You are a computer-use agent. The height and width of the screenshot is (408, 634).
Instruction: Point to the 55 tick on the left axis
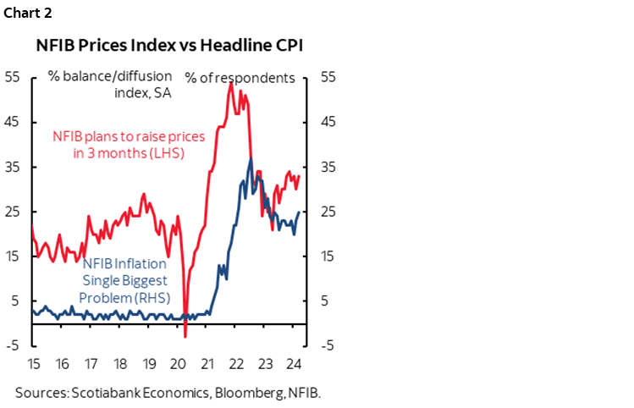coord(12,76)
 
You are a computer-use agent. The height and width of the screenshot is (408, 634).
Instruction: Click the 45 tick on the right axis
coord(328,121)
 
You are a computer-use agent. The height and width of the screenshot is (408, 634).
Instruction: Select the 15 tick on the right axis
coord(328,256)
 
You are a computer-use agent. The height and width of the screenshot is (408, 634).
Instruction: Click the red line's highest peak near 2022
coord(231,83)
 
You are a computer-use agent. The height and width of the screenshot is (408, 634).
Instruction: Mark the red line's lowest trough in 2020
coord(185,337)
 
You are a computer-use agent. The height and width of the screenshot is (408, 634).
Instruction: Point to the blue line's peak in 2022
coord(250,159)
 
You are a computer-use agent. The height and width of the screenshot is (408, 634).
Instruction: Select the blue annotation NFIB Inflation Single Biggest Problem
coord(125,281)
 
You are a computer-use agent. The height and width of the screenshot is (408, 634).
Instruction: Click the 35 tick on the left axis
coord(12,166)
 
